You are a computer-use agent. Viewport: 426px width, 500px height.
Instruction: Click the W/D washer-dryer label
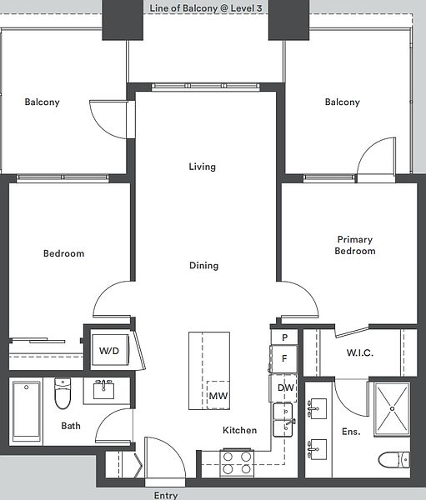[x=109, y=351]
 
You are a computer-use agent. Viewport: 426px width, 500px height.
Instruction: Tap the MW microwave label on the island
[x=218, y=396]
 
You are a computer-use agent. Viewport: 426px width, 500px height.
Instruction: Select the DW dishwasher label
[x=286, y=387]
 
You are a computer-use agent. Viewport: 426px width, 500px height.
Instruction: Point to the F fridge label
[x=284, y=358]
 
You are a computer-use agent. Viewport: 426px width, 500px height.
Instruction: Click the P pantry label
[x=285, y=337]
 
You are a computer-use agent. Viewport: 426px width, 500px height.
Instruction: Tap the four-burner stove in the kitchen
[x=237, y=463]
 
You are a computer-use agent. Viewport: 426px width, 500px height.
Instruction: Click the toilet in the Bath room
[x=63, y=393]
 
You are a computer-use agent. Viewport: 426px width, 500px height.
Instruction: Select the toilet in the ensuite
[x=394, y=460]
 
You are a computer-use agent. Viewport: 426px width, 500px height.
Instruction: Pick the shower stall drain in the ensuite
[x=392, y=409]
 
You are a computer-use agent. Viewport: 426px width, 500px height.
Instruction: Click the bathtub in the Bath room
[x=27, y=412]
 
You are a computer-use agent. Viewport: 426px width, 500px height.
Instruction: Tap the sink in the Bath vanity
[x=103, y=390]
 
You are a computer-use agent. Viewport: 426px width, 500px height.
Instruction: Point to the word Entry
[x=166, y=495]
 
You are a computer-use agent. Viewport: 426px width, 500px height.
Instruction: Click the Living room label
[x=203, y=167]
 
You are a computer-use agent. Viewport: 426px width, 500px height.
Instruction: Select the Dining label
[x=204, y=266]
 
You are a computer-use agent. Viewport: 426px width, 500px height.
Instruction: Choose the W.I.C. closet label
[x=360, y=353]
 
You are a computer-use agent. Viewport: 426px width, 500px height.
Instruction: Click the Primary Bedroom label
[x=355, y=245]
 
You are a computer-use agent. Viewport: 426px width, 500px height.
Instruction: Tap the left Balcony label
[x=43, y=102]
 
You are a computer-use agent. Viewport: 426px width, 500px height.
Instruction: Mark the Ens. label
[x=351, y=432]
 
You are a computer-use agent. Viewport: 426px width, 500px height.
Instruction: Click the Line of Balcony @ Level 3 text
[x=206, y=8]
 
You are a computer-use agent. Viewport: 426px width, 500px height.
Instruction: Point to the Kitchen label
[x=239, y=431]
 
